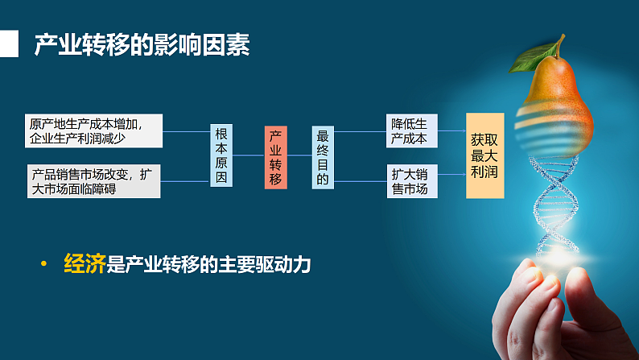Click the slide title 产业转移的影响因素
click(142, 45)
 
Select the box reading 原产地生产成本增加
click(94, 131)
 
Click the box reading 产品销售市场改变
click(94, 181)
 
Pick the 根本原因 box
click(221, 156)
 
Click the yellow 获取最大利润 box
click(485, 155)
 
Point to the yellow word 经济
click(85, 264)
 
